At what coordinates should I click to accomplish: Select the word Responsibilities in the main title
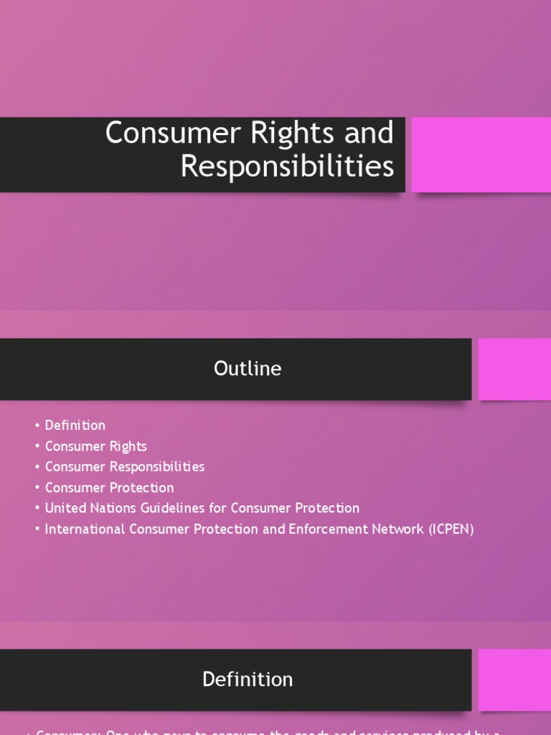287,167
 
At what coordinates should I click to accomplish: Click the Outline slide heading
248,369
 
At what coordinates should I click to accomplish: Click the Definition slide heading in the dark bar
248,679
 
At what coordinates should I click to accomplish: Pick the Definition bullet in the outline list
75,426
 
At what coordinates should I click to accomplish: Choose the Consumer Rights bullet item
95,446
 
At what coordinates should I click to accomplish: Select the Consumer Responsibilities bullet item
124,467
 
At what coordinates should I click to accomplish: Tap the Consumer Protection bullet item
109,487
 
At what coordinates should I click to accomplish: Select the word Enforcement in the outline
301,529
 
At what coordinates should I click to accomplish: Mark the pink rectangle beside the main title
481,155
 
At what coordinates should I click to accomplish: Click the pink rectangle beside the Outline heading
514,369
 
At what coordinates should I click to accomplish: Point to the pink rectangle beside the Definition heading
514,679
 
